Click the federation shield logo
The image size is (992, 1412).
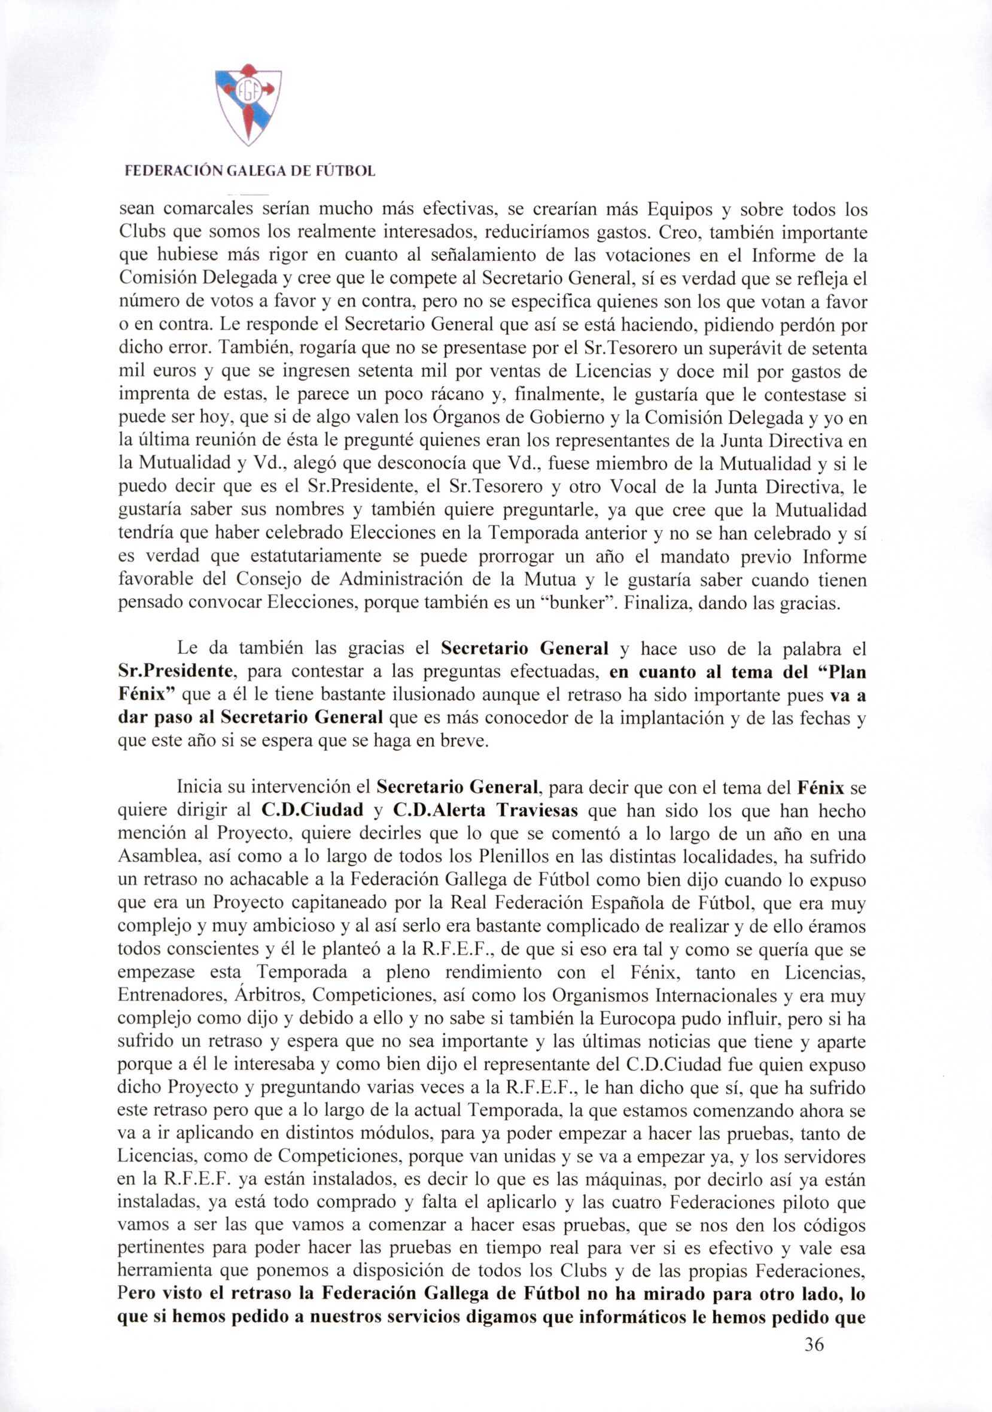coord(248,105)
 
